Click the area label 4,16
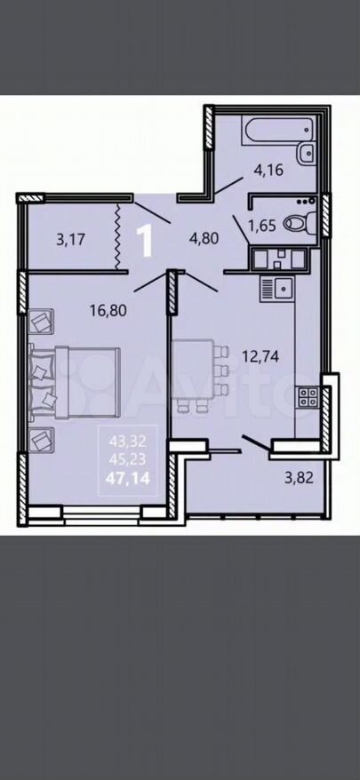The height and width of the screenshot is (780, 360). (x=268, y=171)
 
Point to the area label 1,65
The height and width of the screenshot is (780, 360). (x=262, y=227)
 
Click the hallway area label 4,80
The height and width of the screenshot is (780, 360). (x=204, y=238)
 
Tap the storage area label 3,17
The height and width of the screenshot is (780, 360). (x=71, y=240)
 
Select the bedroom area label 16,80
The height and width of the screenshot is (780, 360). (x=108, y=310)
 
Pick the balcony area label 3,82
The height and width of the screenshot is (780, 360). (x=301, y=478)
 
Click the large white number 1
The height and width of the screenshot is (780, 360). (x=145, y=240)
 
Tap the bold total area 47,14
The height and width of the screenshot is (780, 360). (x=127, y=479)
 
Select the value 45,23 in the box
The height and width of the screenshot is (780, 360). (x=127, y=459)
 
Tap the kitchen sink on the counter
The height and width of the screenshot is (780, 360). (x=278, y=289)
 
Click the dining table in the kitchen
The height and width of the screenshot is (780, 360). (x=194, y=369)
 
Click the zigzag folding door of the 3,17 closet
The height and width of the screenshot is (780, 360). (x=118, y=238)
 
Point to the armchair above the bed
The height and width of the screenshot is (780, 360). (x=41, y=321)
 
